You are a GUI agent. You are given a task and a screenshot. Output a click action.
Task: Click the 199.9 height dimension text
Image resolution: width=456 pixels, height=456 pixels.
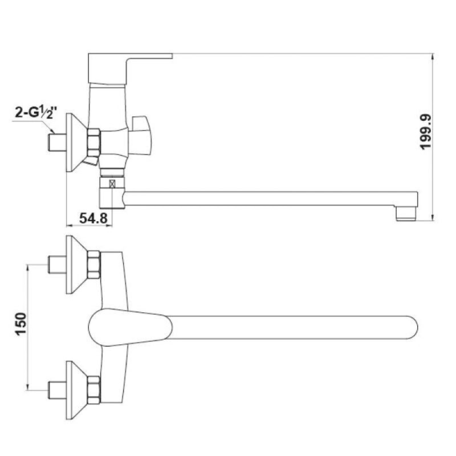pos(426,132)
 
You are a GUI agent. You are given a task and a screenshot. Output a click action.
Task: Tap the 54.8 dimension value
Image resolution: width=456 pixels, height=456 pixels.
pos(93,218)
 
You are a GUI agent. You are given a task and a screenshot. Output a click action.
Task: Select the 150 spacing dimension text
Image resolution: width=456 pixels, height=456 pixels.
pos(21,324)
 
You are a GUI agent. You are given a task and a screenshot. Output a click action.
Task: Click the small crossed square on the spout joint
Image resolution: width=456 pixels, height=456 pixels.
pos(112,184)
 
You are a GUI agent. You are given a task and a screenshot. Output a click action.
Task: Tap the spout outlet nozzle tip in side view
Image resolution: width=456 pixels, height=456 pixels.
pos(406,214)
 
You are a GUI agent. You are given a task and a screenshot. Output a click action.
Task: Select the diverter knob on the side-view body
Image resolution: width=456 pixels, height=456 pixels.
pos(141,135)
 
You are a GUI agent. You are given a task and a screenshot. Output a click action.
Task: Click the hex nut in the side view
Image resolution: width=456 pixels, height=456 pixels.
pos(93,143)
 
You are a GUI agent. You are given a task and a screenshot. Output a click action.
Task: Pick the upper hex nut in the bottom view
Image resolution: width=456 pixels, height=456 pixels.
pos(93,264)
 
